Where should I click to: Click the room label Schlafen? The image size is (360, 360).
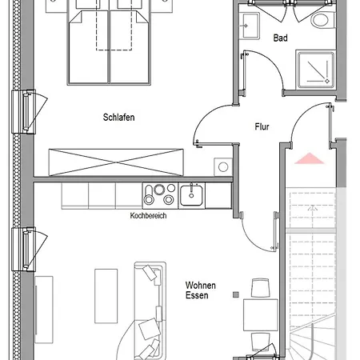(118, 118)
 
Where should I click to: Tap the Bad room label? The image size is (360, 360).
(281, 38)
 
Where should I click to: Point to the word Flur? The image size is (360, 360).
(262, 126)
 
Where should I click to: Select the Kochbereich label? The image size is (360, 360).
(148, 215)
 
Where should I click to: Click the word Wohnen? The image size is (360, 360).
(201, 286)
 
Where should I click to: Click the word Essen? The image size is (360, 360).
(197, 295)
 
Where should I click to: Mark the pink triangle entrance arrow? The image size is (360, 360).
(309, 158)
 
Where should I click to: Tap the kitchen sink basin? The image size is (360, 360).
(191, 195)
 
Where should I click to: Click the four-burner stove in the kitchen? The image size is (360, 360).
(160, 195)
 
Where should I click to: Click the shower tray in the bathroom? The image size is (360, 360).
(316, 70)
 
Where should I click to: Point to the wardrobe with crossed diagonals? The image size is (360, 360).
(116, 162)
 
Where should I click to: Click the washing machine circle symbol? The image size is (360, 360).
(223, 167)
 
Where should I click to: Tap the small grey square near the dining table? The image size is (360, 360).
(236, 294)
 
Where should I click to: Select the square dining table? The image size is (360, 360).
(261, 315)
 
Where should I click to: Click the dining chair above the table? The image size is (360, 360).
(261, 288)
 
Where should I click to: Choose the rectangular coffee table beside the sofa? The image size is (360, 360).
(106, 296)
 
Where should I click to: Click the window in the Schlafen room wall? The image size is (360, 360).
(24, 111)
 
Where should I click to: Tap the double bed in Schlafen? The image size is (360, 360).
(109, 46)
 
